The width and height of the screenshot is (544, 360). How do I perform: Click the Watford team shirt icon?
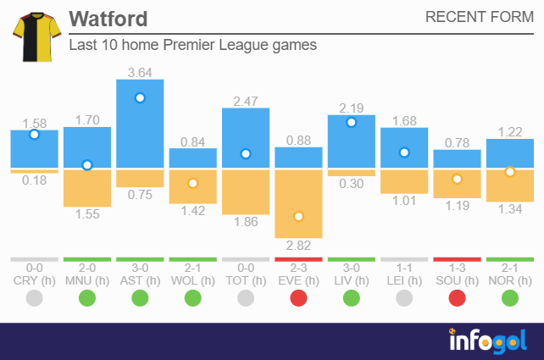coord(32,36)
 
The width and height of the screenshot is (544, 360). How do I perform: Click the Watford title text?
coord(108,19)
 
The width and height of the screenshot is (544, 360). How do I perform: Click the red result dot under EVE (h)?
coord(298,297)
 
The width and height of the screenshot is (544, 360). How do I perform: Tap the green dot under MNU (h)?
coord(87,297)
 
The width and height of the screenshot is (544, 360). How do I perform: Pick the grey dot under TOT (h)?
coord(246,297)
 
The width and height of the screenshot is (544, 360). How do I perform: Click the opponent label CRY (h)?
coord(35,280)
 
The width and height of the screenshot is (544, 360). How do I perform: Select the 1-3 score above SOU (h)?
coord(457,267)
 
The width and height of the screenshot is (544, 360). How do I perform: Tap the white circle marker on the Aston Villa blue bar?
coord(140,98)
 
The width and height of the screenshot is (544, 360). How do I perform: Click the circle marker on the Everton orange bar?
coord(298,216)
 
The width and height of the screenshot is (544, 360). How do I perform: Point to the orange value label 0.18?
coord(35,180)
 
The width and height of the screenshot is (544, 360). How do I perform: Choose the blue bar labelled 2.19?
coord(352,141)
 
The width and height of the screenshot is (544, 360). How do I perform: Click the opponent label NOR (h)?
coord(509,280)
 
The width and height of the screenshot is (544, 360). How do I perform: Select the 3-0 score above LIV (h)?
coord(352,267)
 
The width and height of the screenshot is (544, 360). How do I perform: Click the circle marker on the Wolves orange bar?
coord(192,183)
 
